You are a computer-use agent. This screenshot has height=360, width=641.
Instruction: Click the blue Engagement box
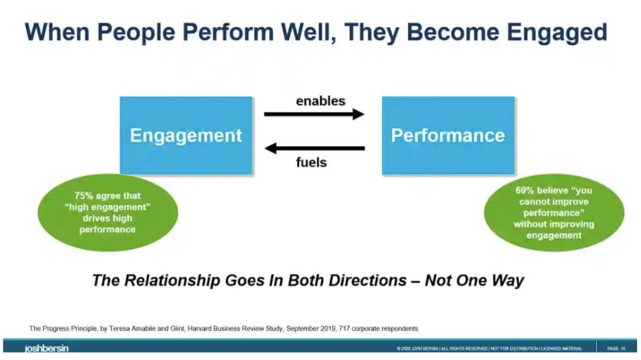(x=186, y=136)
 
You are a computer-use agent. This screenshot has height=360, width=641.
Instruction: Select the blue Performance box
(x=448, y=136)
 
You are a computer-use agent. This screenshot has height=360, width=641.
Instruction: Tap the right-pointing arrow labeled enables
(x=314, y=114)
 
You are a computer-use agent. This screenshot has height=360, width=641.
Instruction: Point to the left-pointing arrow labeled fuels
(x=314, y=148)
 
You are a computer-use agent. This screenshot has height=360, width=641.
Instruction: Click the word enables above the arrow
(x=320, y=101)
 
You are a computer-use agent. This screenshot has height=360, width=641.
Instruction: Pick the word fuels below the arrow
(x=311, y=162)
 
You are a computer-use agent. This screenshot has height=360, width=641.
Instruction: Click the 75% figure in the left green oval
(x=83, y=196)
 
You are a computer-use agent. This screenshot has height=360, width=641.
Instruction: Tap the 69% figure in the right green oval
(x=525, y=190)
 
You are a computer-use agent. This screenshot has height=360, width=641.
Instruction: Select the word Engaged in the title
(x=557, y=32)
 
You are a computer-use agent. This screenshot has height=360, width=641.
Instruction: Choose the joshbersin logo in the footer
(x=47, y=349)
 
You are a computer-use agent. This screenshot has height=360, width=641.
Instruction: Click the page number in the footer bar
(x=616, y=349)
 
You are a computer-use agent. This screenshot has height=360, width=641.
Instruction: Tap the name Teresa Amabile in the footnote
(x=132, y=329)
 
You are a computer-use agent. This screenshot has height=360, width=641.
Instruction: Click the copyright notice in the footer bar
(x=489, y=349)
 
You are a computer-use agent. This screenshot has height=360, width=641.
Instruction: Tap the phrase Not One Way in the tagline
(x=474, y=281)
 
